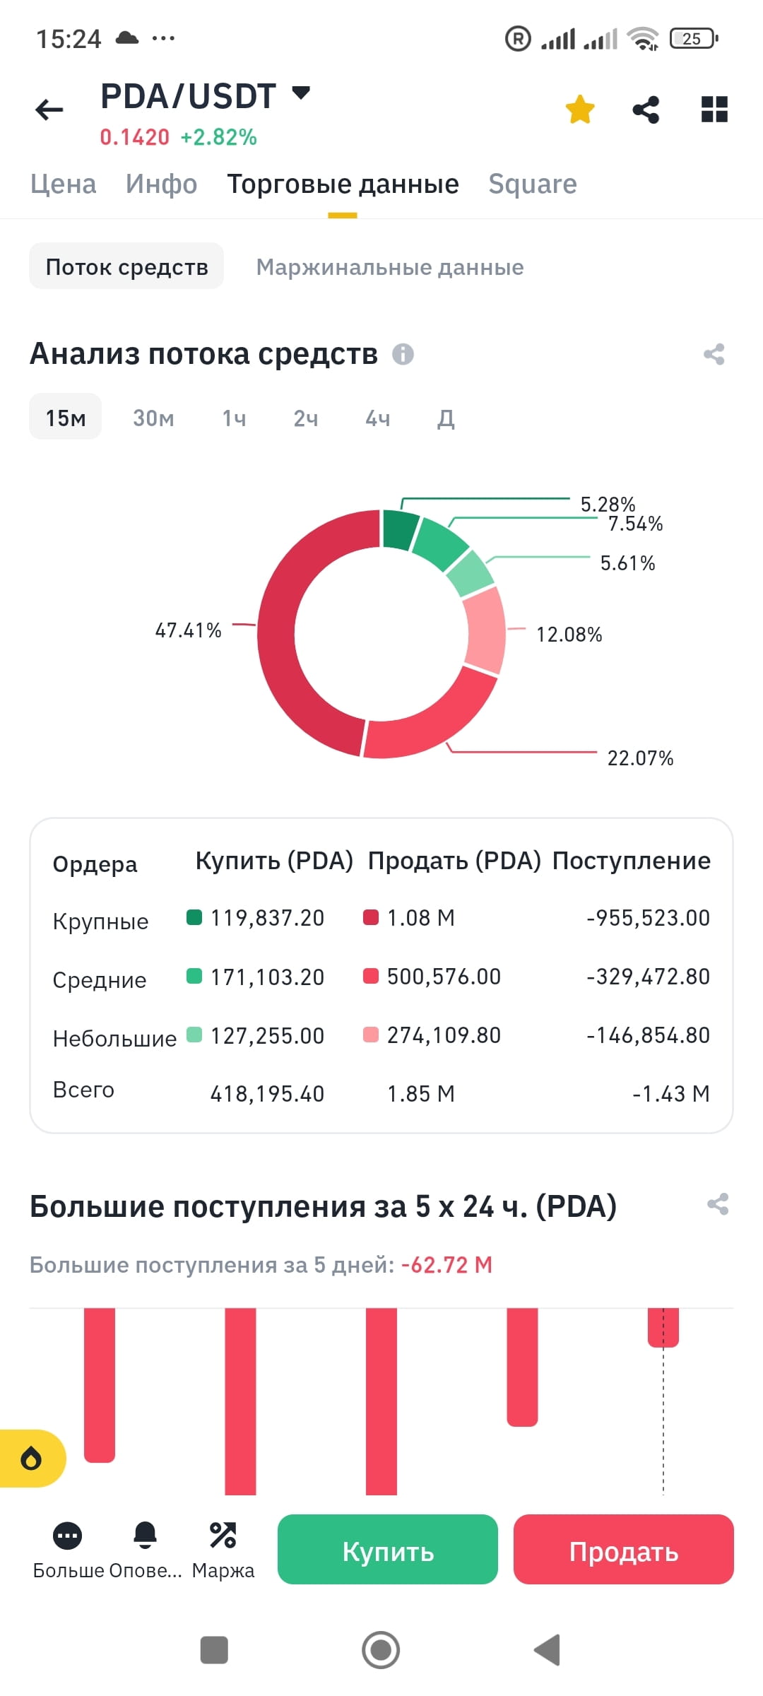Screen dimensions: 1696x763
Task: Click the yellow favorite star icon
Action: click(580, 110)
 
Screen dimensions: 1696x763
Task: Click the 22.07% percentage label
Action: click(640, 758)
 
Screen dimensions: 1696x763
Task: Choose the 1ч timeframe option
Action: click(234, 418)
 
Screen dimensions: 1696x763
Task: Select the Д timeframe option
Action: click(446, 418)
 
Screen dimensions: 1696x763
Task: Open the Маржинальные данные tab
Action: click(389, 267)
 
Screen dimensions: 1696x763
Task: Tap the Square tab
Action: click(533, 184)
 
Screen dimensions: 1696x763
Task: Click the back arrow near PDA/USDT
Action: click(49, 110)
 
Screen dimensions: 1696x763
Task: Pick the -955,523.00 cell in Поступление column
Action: click(647, 918)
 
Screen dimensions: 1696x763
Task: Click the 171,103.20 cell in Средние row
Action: click(267, 977)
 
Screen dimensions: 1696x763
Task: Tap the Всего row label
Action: click(83, 1090)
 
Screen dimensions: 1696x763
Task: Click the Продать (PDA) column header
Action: click(454, 861)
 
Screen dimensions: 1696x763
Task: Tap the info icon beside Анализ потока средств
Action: click(403, 354)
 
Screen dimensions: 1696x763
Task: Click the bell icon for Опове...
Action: click(145, 1535)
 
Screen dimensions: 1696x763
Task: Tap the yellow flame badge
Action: click(32, 1459)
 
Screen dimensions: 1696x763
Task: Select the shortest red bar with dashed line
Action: click(663, 1327)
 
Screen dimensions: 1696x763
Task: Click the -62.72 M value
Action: click(446, 1265)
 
